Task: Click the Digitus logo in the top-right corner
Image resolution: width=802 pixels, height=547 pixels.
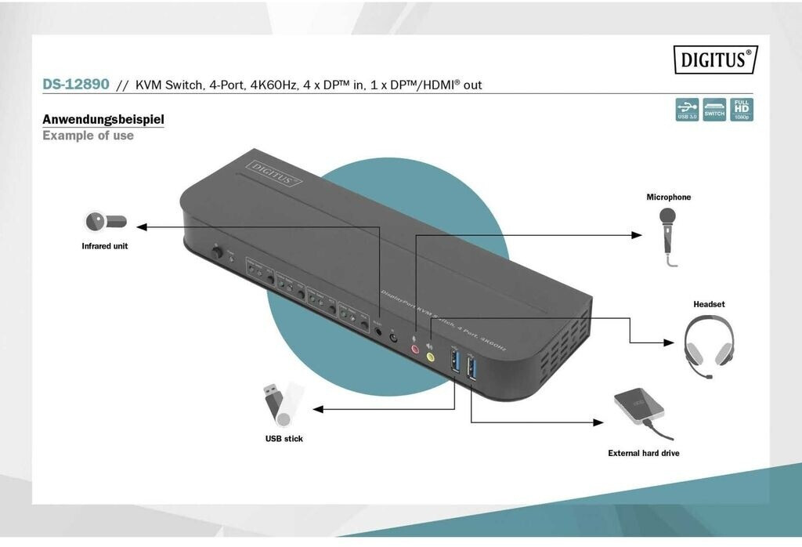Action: (x=715, y=60)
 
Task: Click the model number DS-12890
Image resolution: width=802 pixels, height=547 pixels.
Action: (x=76, y=84)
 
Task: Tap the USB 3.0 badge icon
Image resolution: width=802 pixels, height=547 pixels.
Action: (x=687, y=110)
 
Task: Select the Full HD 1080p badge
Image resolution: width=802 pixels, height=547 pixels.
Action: (x=741, y=110)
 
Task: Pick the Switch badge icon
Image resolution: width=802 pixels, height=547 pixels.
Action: (x=714, y=110)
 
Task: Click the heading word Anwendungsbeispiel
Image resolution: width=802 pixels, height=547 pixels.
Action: (x=103, y=120)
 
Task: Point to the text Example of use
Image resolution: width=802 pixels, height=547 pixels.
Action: (x=88, y=136)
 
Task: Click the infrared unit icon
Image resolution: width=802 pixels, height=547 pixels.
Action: (x=105, y=222)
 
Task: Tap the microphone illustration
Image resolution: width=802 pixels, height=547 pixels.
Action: (x=667, y=229)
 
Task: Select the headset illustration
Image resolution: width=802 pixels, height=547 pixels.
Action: (x=709, y=345)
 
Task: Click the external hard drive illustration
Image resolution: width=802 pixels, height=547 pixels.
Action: (x=641, y=409)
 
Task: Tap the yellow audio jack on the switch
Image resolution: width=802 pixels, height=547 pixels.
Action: (x=430, y=357)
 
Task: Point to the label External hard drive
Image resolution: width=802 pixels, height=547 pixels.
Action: (x=644, y=453)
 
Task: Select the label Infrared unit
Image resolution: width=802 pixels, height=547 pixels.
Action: (x=104, y=246)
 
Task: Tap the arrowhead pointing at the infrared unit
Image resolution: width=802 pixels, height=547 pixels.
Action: (x=141, y=227)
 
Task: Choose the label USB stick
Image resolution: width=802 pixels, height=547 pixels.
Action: (x=284, y=439)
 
